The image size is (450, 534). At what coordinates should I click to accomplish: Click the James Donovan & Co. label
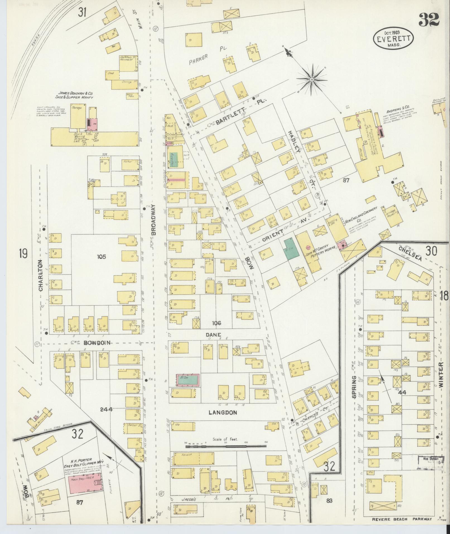(76, 95)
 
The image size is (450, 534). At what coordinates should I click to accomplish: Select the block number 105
(102, 257)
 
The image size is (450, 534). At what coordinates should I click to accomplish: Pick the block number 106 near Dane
(216, 323)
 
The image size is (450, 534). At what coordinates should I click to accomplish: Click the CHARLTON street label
(41, 276)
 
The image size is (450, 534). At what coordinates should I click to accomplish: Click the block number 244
(106, 410)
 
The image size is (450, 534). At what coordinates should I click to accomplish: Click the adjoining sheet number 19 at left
(23, 254)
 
